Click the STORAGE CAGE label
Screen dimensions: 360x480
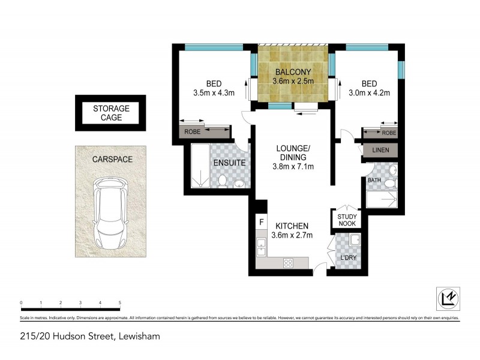click(111, 113)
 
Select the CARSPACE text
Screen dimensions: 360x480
click(112, 160)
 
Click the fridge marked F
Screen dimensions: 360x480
click(261, 222)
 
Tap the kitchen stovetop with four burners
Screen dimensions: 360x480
click(288, 262)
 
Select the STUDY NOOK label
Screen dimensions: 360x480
click(347, 220)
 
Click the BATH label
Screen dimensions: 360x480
click(374, 180)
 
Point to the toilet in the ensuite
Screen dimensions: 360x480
click(222, 180)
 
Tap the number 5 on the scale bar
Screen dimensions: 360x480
click(120, 303)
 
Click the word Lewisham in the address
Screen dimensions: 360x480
click(139, 337)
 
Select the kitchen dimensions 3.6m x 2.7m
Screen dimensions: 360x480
click(292, 235)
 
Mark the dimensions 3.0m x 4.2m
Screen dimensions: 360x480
click(370, 93)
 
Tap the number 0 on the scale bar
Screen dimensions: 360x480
click(21, 303)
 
